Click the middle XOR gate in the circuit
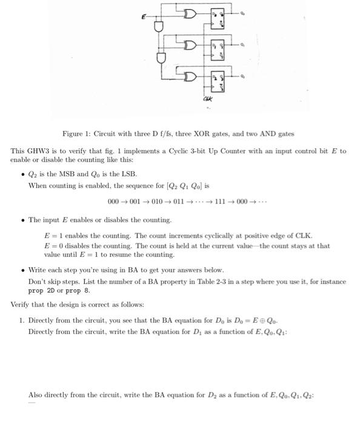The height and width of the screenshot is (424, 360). (190, 44)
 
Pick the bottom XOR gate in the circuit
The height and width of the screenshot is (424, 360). (190, 78)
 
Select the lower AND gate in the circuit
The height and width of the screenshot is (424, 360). (161, 59)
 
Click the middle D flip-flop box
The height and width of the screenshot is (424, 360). (218, 48)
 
